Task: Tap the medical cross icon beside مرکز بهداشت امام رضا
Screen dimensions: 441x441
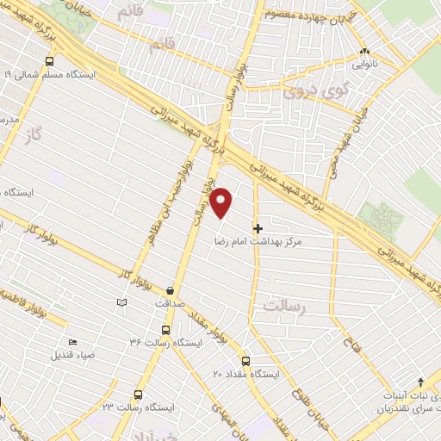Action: click(x=257, y=227)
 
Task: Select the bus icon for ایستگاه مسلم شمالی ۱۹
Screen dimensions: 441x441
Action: click(x=49, y=61)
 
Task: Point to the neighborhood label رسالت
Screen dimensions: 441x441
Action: click(x=286, y=306)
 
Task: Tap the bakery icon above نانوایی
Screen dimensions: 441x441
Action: click(x=365, y=51)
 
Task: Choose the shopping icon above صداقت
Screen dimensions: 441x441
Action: click(x=170, y=290)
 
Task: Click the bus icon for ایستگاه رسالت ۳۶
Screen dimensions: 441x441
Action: click(x=165, y=329)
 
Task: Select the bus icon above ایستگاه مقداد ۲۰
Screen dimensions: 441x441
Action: click(x=245, y=361)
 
